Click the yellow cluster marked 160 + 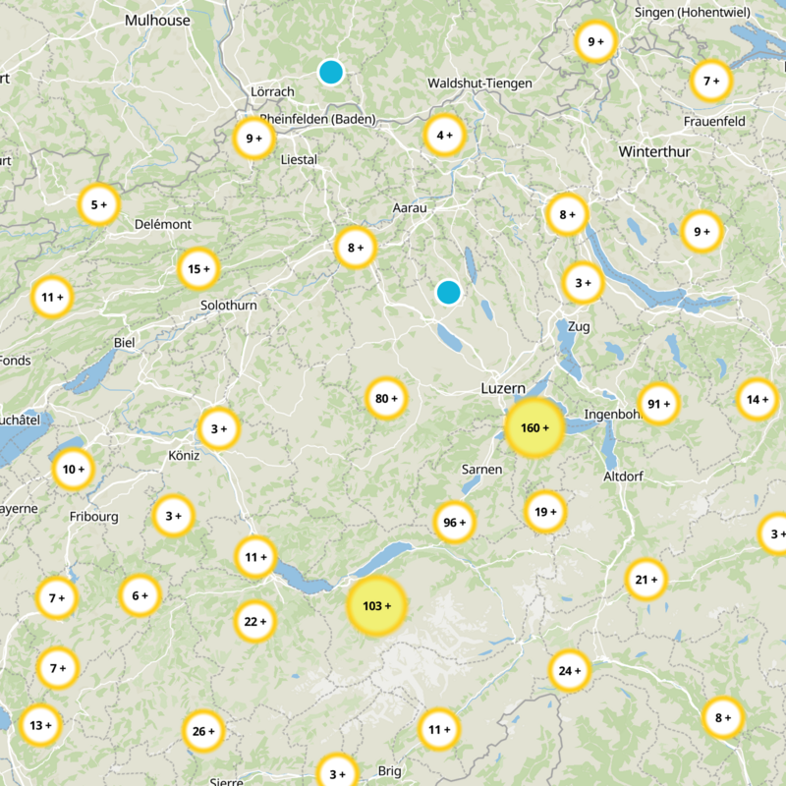click(x=533, y=427)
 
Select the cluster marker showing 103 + click(x=376, y=606)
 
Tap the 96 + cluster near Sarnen click(x=454, y=523)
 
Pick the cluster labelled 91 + click(x=658, y=403)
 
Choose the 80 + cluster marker click(x=386, y=399)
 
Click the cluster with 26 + click(x=203, y=731)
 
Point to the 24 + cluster click(x=570, y=671)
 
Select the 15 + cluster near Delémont click(x=198, y=269)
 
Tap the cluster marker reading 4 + click(x=444, y=136)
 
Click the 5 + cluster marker click(x=98, y=205)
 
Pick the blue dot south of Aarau click(x=448, y=292)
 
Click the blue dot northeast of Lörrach click(x=331, y=72)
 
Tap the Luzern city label click(x=503, y=389)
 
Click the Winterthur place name click(x=654, y=152)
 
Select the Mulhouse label click(x=157, y=19)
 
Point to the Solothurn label click(x=228, y=306)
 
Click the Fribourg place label click(x=93, y=517)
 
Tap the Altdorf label click(x=625, y=477)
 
